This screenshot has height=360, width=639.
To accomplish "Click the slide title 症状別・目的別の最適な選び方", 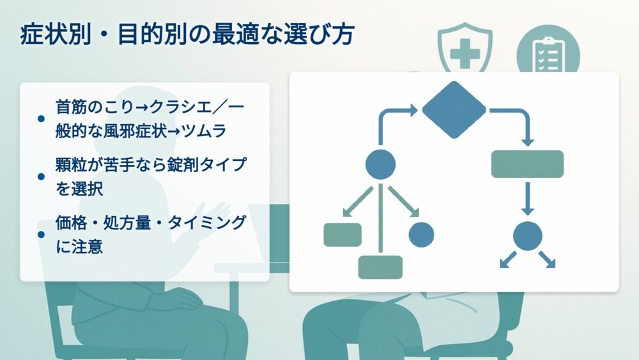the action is (187, 35).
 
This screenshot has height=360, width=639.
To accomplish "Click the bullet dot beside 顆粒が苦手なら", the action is (41, 176).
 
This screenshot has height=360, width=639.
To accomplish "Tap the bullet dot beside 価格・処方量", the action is (41, 235).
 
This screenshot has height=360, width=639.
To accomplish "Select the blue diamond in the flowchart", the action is (454, 110).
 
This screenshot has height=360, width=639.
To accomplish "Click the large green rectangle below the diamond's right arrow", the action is (527, 164).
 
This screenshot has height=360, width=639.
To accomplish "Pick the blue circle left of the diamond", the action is (380, 164).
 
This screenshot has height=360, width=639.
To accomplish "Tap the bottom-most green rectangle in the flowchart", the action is (380, 267).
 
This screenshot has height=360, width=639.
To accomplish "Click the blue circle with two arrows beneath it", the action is (527, 236).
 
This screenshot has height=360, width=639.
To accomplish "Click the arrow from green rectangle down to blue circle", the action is (527, 199).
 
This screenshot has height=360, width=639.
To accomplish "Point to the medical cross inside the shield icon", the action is (465, 54).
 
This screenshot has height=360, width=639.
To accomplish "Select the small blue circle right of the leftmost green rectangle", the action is (421, 235).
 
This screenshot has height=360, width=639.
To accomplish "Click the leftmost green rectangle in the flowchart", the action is (343, 235).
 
